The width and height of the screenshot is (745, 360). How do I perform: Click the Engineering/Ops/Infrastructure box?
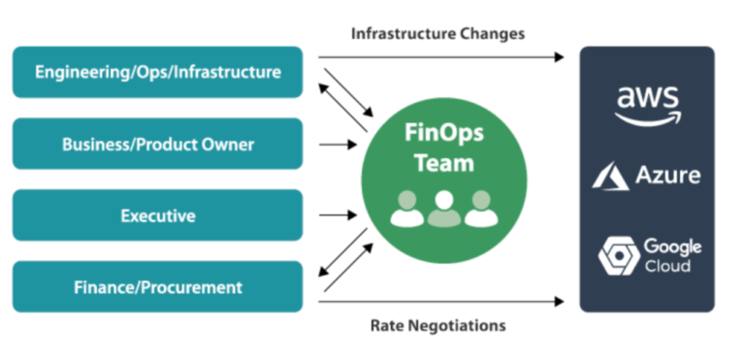coord(157,72)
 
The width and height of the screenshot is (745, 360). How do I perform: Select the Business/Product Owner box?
coord(157,144)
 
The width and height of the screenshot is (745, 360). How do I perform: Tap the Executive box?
coord(157,215)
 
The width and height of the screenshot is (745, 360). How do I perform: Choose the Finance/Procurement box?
coord(157,287)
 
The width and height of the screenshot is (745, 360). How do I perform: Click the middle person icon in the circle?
coord(443,208)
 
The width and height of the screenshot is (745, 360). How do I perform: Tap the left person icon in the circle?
coord(407,210)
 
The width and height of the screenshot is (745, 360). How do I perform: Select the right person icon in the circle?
coord(479,210)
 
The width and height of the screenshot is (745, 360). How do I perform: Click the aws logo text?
coord(647,97)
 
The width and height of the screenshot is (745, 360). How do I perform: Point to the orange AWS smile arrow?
coord(648,118)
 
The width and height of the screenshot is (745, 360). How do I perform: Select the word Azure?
coord(667,177)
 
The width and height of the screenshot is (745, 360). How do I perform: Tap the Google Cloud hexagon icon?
coord(616,255)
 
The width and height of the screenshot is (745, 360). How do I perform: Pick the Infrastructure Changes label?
coord(437,34)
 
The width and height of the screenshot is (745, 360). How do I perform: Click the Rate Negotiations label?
coord(437,326)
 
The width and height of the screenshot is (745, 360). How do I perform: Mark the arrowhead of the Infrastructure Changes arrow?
coord(559,57)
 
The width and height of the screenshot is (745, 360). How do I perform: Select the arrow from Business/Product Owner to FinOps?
coord(338,144)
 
